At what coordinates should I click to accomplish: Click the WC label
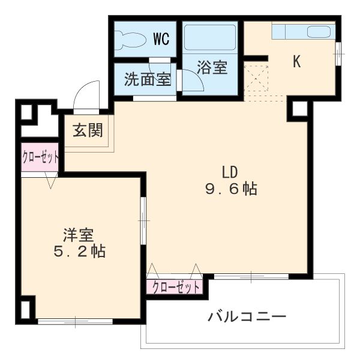[x=160, y=40]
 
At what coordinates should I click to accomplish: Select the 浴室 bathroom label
[x=212, y=67]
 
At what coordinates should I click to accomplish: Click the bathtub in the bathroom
[x=210, y=38]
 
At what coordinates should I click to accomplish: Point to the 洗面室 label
[x=148, y=79]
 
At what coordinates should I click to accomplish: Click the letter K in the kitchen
[x=296, y=61]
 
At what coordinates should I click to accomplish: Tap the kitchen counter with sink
[x=302, y=31]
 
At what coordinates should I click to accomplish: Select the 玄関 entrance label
[x=88, y=130]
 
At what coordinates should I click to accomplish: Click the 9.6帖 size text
[x=230, y=189]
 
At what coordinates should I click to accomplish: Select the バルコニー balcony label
[x=247, y=316]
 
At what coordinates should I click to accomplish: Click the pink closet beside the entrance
[x=41, y=159]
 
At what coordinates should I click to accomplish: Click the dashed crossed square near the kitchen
[x=257, y=76]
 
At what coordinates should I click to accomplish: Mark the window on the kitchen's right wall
[x=339, y=53]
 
